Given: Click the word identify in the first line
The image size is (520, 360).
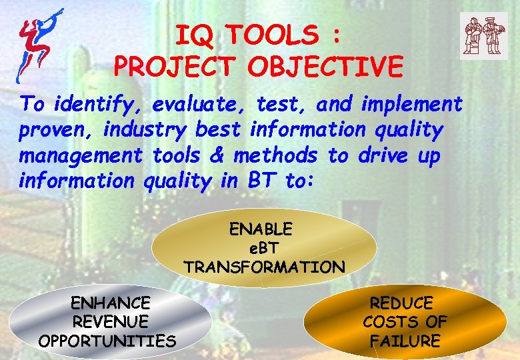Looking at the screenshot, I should (99, 105).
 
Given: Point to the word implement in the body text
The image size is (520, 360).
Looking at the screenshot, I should (411, 105).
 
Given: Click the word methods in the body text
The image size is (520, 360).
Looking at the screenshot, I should (275, 156).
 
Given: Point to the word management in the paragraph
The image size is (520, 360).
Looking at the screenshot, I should (81, 156).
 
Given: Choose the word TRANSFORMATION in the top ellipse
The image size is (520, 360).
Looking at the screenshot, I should (264, 267).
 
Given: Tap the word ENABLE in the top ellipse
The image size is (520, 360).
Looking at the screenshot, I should (261, 230).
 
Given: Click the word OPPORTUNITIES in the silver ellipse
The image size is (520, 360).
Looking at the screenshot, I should (107, 341).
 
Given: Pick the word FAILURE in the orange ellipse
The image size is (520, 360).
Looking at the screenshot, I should (405, 341).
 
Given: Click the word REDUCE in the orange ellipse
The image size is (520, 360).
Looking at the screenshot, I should (402, 303).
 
